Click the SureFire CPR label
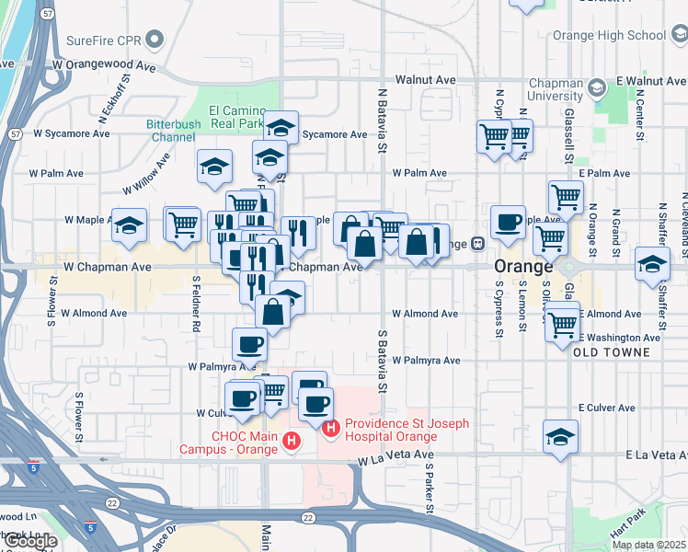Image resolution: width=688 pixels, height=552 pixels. tap(105, 40)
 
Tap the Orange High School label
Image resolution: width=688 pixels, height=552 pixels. tap(609, 35)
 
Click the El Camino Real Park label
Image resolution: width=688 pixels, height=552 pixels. tap(237, 116)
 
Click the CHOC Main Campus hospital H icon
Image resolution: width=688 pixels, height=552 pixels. tap(292, 443)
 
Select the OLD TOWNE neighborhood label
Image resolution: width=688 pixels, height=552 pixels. tap(611, 352)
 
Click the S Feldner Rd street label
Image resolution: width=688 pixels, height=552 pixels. tap(196, 302)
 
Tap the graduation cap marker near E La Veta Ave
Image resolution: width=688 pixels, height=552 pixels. tap(560, 436)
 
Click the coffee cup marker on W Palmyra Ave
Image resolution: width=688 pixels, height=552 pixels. tap(249, 345)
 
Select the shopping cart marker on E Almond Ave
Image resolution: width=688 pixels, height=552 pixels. tap(562, 323)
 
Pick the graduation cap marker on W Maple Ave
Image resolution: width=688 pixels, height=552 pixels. tap(129, 224)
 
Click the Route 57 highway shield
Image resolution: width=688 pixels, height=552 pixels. tap(15, 133)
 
